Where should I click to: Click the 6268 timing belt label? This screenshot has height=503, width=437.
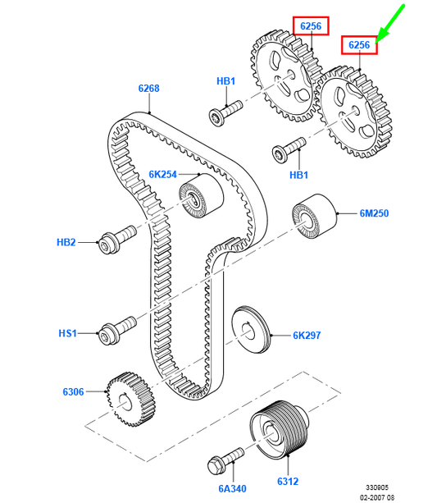148,89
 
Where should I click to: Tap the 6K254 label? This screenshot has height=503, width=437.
163,175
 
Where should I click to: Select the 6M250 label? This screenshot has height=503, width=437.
374,213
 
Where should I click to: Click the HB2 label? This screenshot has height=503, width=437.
66,242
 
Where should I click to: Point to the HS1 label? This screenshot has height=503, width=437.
68,333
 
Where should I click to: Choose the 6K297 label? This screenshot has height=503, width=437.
307,336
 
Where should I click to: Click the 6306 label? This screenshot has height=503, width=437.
73,391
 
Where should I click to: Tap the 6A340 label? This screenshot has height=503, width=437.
233,488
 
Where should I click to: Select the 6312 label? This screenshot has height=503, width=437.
288,481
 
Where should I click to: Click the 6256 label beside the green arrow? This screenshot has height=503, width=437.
359,45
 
